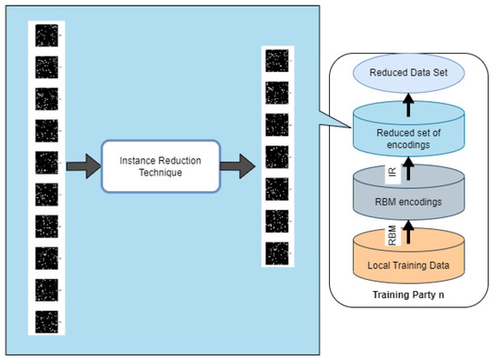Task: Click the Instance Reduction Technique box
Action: click(x=160, y=165)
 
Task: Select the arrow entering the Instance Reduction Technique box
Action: click(x=81, y=165)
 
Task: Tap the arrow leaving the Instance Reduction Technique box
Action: click(x=238, y=165)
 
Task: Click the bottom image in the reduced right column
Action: click(x=275, y=254)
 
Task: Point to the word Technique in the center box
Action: click(x=161, y=173)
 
